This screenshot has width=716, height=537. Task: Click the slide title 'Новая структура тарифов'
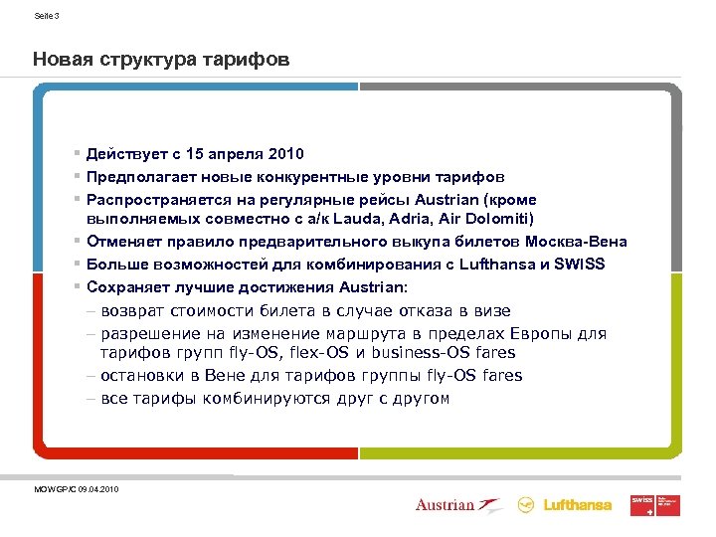tap(161, 61)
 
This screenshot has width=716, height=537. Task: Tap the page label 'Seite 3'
tap(47, 17)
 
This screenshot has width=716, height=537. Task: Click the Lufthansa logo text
tap(578, 505)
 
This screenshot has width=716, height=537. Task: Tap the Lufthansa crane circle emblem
tap(526, 505)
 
